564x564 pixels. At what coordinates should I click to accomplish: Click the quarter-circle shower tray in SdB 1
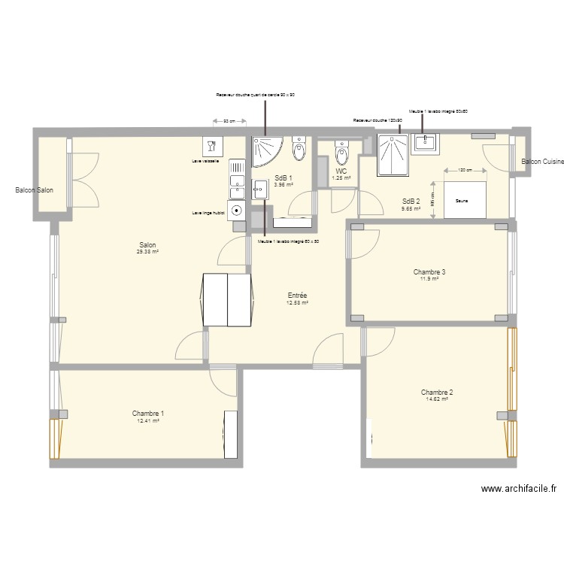[264, 150]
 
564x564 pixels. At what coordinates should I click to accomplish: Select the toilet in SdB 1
[299, 150]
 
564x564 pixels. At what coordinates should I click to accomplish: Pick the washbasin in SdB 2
[426, 142]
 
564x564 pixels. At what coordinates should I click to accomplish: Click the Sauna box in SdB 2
[466, 200]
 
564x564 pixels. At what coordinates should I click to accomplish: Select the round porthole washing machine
[237, 211]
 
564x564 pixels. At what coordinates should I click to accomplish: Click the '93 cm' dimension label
[229, 120]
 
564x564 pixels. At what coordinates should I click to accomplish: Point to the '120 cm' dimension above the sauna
[466, 170]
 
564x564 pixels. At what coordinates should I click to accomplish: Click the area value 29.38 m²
[147, 252]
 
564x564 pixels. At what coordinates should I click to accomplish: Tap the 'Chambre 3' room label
[429, 271]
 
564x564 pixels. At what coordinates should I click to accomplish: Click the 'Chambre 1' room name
[148, 414]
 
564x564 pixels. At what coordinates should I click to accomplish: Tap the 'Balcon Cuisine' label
[541, 162]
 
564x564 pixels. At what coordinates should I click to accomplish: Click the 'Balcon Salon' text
[34, 190]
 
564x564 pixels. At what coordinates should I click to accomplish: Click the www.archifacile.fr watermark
[519, 489]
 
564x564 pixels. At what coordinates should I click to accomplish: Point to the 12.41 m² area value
[148, 421]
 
